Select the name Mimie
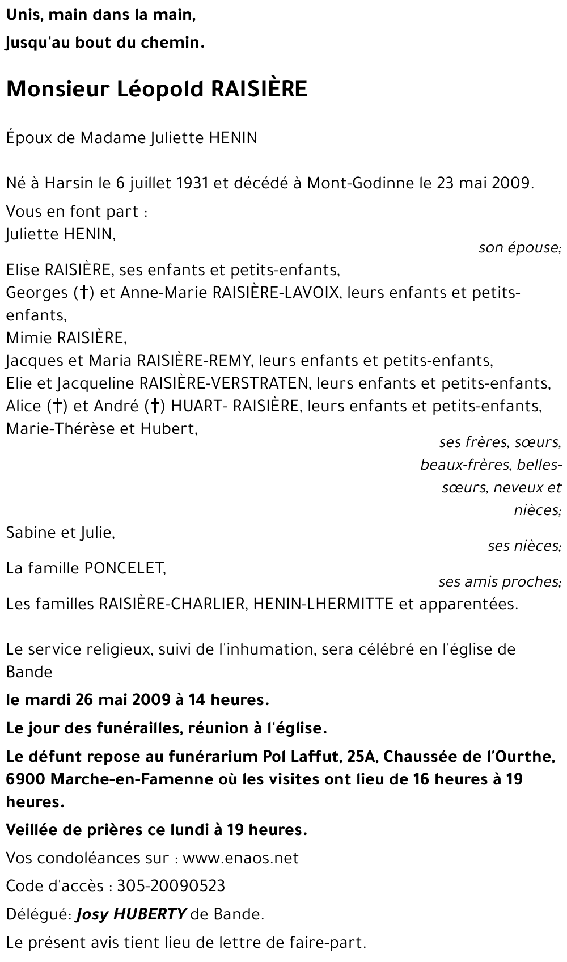(x=29, y=338)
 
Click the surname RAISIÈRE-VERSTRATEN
(x=224, y=383)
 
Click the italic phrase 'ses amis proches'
(x=500, y=581)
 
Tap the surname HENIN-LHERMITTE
(x=323, y=604)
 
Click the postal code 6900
(x=26, y=779)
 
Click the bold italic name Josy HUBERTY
(x=131, y=914)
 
